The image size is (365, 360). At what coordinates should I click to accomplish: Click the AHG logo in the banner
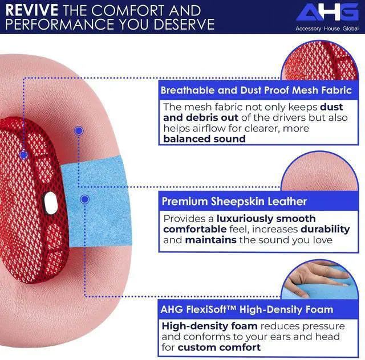327,12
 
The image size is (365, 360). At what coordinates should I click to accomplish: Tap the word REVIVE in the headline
32,10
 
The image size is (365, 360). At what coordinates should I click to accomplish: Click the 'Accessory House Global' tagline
327,28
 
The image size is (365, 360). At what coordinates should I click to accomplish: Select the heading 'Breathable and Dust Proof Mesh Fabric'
256,90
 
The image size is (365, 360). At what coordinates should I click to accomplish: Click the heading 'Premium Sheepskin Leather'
234,202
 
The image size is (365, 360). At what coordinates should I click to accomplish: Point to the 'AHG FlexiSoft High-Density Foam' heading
247,309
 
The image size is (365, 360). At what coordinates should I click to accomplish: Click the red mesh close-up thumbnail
319,61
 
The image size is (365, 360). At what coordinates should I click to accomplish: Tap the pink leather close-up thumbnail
319,171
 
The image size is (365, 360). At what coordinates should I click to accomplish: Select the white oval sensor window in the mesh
51,203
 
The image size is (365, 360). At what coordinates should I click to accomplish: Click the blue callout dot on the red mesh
24,155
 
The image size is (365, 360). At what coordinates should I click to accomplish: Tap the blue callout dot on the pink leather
79,130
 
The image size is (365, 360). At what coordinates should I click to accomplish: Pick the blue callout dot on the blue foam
85,199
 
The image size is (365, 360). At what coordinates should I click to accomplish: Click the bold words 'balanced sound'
204,139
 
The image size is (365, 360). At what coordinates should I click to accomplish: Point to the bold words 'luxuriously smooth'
266,219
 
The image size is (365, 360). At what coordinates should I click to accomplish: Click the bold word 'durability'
325,230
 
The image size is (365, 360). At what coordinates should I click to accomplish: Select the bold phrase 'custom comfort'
219,347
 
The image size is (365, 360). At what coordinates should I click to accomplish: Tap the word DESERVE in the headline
184,24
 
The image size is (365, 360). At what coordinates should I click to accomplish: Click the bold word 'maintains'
210,240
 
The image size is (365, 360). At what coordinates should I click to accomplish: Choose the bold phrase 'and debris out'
201,118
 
